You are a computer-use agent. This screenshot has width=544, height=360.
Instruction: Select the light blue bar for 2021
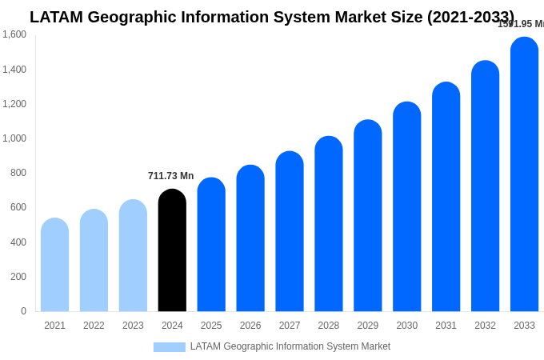click(x=54, y=265)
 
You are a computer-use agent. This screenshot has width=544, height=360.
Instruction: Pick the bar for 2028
click(x=329, y=224)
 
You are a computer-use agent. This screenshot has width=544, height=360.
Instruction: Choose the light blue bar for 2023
click(x=133, y=255)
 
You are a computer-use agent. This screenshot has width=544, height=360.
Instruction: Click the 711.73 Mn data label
click(x=170, y=176)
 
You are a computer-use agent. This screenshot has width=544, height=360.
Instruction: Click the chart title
click(x=272, y=17)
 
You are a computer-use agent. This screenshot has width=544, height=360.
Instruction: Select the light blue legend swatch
click(x=169, y=347)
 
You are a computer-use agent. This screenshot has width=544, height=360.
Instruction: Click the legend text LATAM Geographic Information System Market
click(x=290, y=346)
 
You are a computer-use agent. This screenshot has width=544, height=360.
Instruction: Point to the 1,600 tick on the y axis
click(x=14, y=34)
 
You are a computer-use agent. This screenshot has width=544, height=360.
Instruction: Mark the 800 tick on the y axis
click(x=18, y=173)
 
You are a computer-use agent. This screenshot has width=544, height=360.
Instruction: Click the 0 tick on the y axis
click(x=23, y=311)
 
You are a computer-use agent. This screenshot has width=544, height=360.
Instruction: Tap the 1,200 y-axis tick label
click(x=14, y=104)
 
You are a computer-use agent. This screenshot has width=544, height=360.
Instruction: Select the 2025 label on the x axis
click(x=211, y=326)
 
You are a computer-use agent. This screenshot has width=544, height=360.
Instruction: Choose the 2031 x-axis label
click(x=446, y=326)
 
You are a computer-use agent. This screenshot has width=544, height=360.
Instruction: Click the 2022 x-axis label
click(x=94, y=326)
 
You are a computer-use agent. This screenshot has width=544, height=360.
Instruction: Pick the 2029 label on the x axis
click(x=368, y=326)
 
